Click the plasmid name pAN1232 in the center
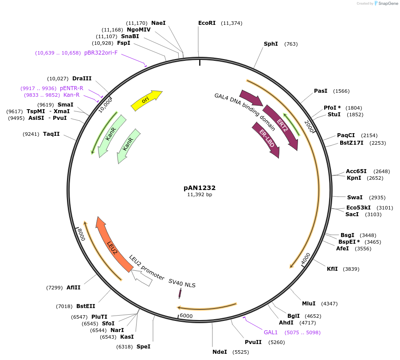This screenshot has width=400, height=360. [x=200, y=188]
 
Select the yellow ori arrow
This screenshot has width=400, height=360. [x=146, y=100]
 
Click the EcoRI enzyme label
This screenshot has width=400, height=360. [x=207, y=23]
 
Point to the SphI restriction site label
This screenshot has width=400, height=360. [x=271, y=44]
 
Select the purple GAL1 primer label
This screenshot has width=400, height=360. [x=271, y=332]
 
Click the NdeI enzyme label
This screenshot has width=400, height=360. [x=220, y=352]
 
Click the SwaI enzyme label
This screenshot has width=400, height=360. [x=355, y=197]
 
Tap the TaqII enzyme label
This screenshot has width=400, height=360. [x=51, y=134]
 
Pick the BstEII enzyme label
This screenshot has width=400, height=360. [x=86, y=306]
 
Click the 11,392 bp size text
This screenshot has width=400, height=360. [x=200, y=195]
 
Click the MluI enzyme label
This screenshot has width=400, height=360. [x=309, y=304]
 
